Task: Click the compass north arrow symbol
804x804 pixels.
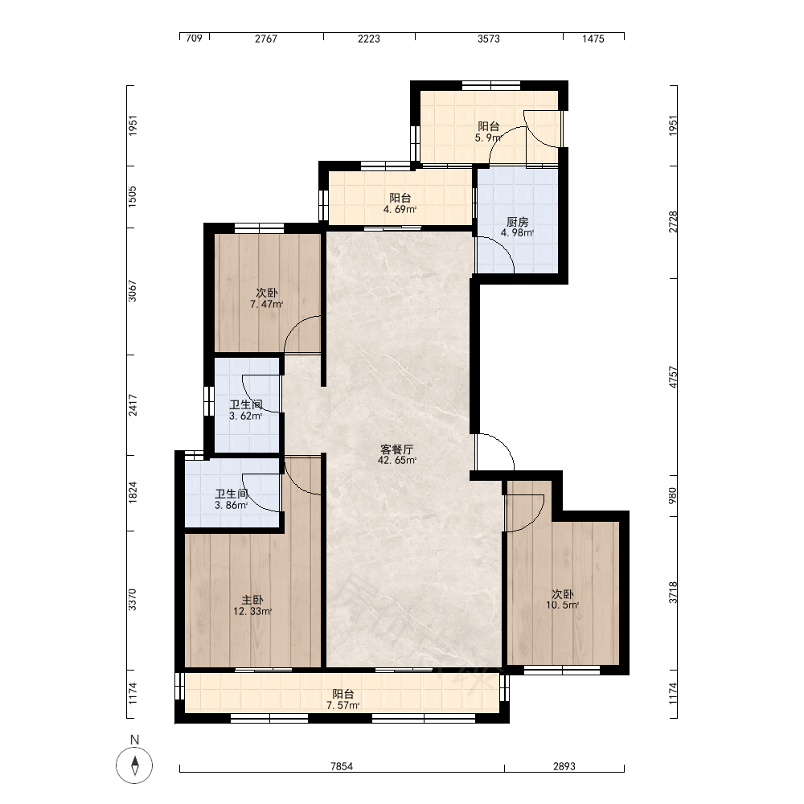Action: (x=134, y=765)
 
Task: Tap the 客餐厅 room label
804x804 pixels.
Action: (x=396, y=449)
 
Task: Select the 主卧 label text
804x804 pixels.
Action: (x=252, y=600)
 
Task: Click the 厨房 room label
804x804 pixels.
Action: (x=517, y=222)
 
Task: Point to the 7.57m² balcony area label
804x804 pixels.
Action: (x=343, y=706)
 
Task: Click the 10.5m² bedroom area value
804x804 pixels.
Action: (x=563, y=605)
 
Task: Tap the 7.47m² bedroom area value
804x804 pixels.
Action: (x=267, y=304)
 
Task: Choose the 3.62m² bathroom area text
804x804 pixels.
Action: (x=245, y=416)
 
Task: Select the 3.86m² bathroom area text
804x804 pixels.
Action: (x=232, y=505)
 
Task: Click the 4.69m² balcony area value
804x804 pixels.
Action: (x=400, y=209)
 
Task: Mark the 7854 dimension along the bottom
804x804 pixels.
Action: (x=342, y=766)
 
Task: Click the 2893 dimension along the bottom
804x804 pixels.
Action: (x=564, y=766)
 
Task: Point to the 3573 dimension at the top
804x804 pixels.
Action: (x=489, y=39)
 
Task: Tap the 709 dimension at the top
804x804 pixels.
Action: (x=194, y=39)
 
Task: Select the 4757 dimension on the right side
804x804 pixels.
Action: (x=673, y=377)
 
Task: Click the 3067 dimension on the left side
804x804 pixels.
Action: (x=133, y=291)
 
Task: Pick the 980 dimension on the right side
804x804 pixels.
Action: (x=673, y=494)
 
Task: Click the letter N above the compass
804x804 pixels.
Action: (x=134, y=740)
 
